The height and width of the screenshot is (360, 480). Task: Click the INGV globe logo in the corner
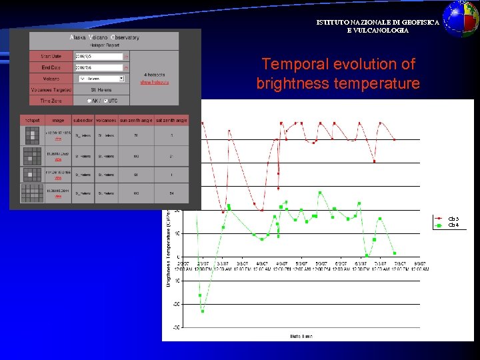point(461,18)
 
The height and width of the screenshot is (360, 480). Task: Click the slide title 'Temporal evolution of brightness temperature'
point(338,74)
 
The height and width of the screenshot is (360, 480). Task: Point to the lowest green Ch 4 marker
point(203,311)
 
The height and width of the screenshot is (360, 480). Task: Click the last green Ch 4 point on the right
point(395,253)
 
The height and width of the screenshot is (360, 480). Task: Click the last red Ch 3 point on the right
point(395,139)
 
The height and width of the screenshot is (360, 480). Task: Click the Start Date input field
point(99,57)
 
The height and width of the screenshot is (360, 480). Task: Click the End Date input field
point(99,67)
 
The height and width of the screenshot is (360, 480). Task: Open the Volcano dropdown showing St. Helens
point(101,78)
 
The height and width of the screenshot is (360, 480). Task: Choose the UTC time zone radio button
point(105,101)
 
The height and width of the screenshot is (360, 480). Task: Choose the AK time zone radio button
point(89,101)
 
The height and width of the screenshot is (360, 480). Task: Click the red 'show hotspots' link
point(154,82)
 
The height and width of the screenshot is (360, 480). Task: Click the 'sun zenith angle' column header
point(137,120)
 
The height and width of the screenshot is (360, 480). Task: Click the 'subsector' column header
point(83,120)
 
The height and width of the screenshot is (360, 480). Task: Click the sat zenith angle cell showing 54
point(171,193)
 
